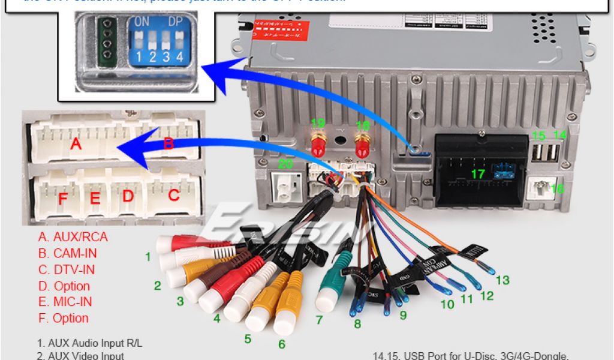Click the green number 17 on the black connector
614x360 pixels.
click(478, 175)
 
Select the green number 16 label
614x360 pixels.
click(557, 188)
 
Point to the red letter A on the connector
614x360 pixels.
click(76, 144)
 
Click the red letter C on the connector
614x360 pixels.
click(174, 195)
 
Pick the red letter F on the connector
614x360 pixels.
click(62, 198)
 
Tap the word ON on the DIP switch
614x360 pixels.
click(142, 21)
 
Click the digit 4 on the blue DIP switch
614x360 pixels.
click(178, 57)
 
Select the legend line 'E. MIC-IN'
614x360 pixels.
click(65, 302)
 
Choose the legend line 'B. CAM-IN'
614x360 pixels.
click(67, 253)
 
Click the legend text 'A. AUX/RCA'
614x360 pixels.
click(73, 237)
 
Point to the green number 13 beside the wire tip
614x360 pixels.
click(502, 280)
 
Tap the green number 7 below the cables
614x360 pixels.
click(320, 319)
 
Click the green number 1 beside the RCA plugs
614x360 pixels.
click(148, 257)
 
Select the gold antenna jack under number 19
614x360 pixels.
click(318, 144)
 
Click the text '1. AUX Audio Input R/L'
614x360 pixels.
click(90, 343)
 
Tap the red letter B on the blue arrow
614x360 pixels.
click(168, 143)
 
